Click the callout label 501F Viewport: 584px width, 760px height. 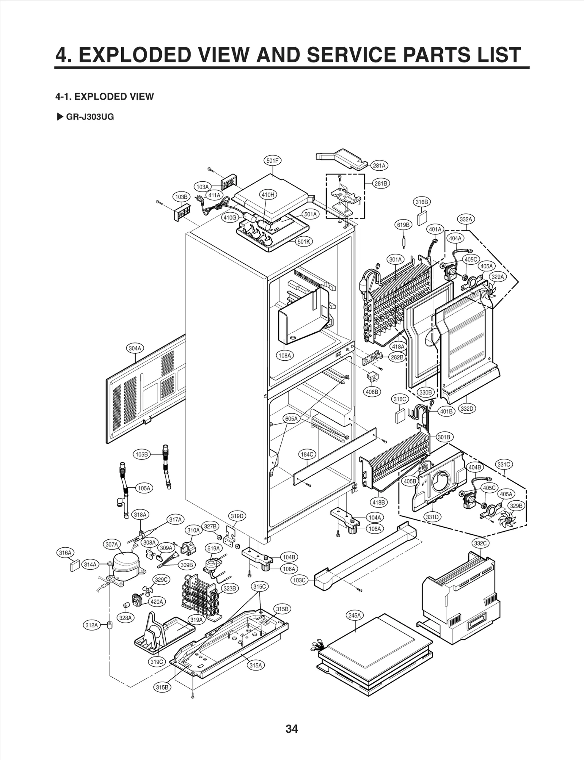click(x=272, y=160)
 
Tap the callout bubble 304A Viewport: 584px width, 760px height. click(x=135, y=348)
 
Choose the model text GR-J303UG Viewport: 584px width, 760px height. click(x=90, y=117)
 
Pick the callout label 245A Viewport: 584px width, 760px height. click(x=354, y=616)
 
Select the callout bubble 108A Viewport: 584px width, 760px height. click(x=285, y=355)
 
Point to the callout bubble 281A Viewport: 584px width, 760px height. click(x=379, y=166)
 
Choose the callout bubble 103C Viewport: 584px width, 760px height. click(x=299, y=580)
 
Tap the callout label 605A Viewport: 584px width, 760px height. click(x=291, y=419)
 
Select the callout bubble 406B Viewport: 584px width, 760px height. click(x=372, y=392)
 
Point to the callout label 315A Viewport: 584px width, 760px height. click(x=255, y=665)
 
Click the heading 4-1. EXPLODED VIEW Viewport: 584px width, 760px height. click(x=104, y=97)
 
